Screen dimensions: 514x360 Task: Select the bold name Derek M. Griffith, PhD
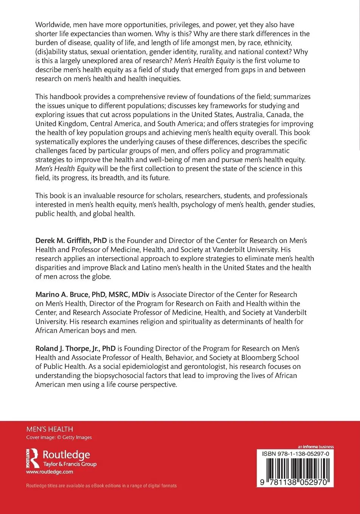pyautogui.click(x=71, y=240)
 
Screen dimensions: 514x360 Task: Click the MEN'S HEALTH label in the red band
pyautogui.click(x=50, y=429)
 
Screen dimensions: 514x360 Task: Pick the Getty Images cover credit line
pyautogui.click(x=59, y=437)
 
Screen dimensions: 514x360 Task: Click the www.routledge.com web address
pyautogui.click(x=50, y=472)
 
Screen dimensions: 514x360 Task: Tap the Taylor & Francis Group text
pyautogui.click(x=70, y=464)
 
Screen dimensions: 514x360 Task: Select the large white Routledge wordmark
pyautogui.click(x=66, y=455)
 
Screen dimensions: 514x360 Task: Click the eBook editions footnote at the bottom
pyautogui.click(x=101, y=486)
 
